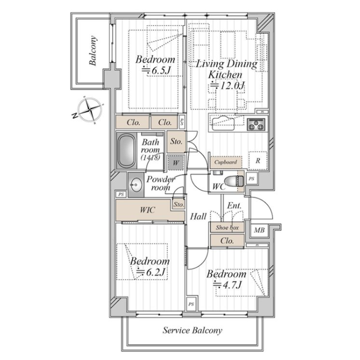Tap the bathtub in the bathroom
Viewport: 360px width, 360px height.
pos(126,152)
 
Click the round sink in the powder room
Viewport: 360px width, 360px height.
pos(134,185)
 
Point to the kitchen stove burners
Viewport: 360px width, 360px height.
pos(255,125)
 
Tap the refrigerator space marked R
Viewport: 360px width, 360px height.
pos(258,161)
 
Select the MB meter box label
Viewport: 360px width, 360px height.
pos(258,229)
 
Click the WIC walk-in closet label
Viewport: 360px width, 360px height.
pos(147,210)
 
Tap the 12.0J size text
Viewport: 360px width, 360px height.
pos(227,86)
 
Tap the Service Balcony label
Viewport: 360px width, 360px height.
pos(192,330)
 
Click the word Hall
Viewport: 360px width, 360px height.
pos(198,216)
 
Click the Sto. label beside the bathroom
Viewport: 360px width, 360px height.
pos(176,142)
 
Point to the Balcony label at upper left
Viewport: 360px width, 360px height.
pos(93,51)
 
